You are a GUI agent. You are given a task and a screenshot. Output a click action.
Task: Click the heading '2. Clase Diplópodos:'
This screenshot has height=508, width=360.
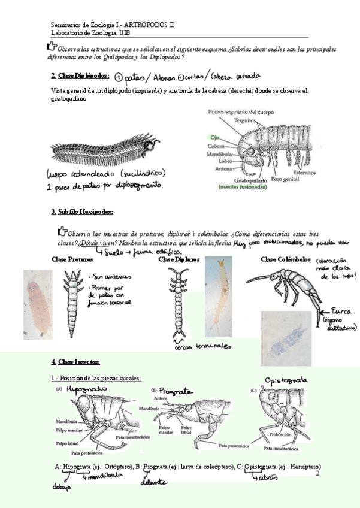(x=80, y=76)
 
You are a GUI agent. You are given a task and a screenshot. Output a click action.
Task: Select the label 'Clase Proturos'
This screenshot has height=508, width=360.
(x=72, y=259)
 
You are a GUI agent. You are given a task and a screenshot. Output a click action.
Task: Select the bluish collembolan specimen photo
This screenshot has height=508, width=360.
(x=286, y=337)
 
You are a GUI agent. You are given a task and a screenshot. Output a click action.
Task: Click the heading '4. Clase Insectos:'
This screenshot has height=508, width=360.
(x=75, y=362)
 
